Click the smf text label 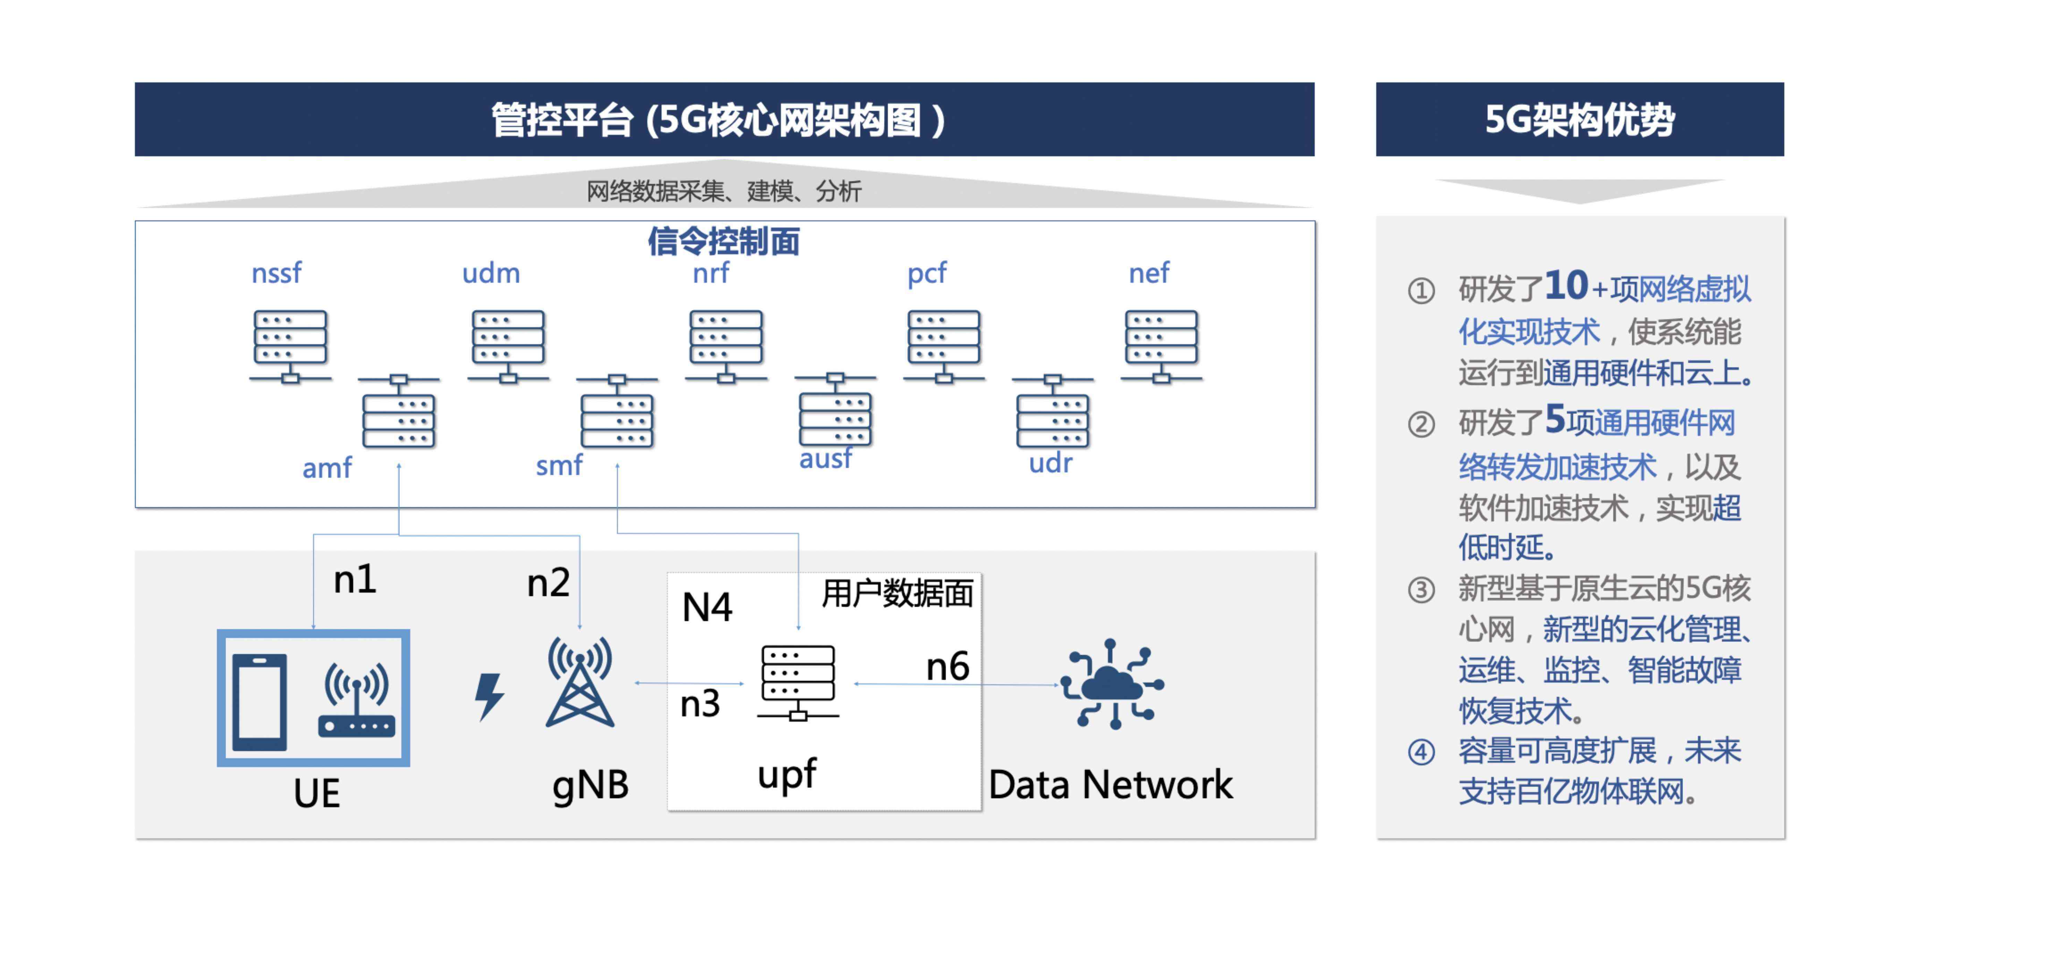click(x=559, y=466)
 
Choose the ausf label click(x=825, y=459)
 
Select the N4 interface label click(x=706, y=607)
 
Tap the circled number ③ click(x=1421, y=590)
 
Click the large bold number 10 click(x=1566, y=286)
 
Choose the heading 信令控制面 click(x=724, y=241)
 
